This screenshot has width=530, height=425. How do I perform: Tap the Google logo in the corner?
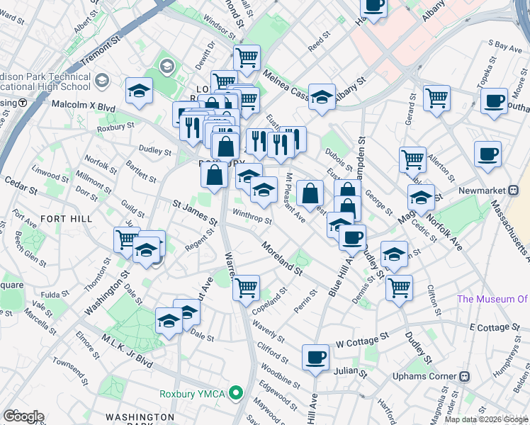23,416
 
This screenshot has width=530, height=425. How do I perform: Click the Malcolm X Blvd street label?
83,103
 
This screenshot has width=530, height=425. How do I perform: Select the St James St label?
194,213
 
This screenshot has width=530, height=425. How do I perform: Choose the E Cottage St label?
494,328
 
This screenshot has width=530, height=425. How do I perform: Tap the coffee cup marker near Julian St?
316,358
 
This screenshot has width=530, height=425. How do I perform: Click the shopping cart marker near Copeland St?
246,287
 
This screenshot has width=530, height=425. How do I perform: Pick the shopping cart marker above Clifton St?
400,288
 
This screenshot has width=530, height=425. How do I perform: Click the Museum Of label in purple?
492,299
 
